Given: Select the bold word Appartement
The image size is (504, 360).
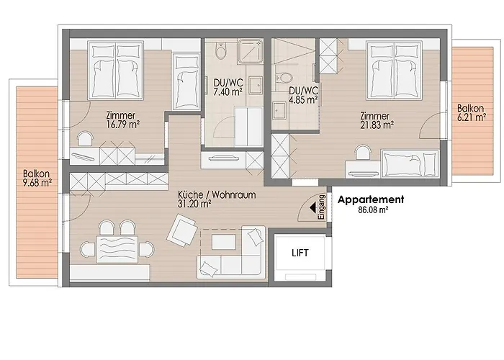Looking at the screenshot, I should [371, 200].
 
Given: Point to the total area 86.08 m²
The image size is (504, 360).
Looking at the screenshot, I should [373, 211].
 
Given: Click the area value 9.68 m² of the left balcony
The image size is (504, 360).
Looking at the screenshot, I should [37, 183].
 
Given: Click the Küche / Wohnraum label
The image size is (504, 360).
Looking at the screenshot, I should [216, 194].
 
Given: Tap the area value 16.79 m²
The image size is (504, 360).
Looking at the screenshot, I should [122, 124].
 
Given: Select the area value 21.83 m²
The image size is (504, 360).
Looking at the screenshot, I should [377, 124].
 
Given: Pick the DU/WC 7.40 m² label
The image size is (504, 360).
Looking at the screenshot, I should [228, 88].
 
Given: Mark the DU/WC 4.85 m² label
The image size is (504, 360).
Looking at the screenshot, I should [302, 95].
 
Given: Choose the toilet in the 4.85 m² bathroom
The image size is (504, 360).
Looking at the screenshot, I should [287, 77].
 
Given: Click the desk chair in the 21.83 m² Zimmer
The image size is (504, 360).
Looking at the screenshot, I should [363, 153].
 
